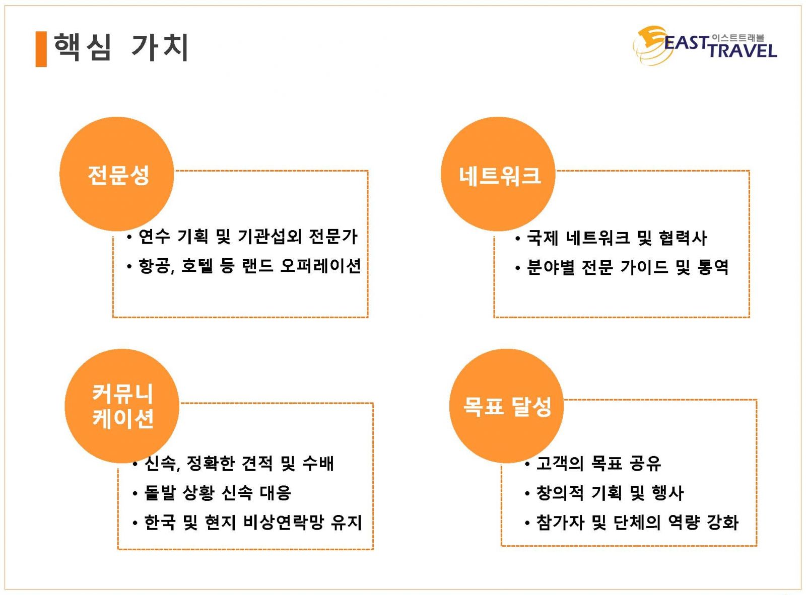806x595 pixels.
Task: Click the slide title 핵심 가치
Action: point(121,47)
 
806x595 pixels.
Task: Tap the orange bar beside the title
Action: point(41,49)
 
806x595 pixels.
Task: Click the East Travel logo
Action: point(705,45)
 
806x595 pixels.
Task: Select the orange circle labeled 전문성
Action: point(117,174)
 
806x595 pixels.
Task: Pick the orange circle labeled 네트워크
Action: point(498,174)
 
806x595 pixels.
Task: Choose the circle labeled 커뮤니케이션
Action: point(122,406)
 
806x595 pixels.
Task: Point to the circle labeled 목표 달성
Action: point(507,406)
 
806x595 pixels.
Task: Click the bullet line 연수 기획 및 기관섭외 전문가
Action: point(242,237)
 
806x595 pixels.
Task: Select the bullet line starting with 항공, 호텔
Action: point(243,266)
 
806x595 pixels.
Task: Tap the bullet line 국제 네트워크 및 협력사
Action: point(611,238)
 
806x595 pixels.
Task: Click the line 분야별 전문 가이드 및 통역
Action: point(622,267)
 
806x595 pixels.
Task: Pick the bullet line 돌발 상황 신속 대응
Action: point(212,493)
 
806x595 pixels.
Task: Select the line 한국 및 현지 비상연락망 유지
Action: point(247,523)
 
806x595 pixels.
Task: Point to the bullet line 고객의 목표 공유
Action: point(593,463)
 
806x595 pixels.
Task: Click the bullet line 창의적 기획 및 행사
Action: point(604,493)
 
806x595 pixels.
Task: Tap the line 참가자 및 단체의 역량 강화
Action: point(632,523)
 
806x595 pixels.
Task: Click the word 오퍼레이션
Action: point(320,266)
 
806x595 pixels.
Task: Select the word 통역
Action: point(713,267)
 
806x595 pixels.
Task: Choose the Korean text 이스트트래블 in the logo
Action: point(737,38)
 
